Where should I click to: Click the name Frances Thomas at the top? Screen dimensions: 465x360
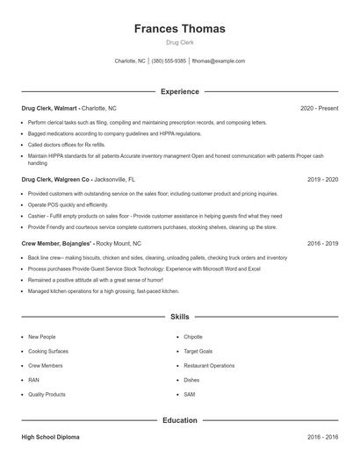click(179, 29)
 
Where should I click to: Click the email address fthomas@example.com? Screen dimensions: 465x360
click(218, 61)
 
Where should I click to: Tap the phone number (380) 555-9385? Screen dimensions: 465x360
click(169, 61)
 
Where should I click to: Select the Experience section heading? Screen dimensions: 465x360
click(179, 91)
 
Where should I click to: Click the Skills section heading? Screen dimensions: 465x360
click(179, 316)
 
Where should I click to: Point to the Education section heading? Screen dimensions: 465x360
click(179, 420)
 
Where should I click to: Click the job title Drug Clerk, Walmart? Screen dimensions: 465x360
click(50, 108)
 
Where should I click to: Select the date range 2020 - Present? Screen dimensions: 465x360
click(319, 108)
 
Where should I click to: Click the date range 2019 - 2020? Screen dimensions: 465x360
click(322, 179)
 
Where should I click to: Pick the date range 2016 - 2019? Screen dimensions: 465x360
click(322, 243)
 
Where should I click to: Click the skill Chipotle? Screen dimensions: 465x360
click(193, 337)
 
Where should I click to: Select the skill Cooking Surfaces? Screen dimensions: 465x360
click(47, 351)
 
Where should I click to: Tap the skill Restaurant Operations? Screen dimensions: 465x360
click(209, 365)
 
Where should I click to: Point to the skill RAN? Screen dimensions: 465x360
click(33, 380)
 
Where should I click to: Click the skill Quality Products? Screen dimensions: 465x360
click(47, 395)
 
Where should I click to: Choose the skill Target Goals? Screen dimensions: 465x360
click(197, 351)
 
